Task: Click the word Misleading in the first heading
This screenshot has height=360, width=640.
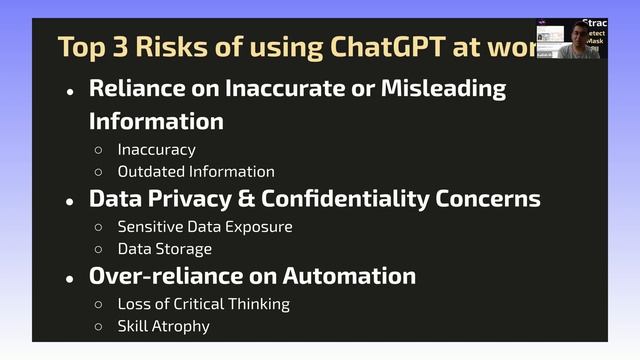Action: coord(443,88)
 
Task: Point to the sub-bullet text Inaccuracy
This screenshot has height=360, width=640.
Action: coord(156,149)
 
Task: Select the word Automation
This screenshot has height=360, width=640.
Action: coord(349,276)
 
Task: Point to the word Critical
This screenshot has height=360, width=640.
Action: coord(219,304)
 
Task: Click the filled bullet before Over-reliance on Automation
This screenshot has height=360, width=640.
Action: coord(69,278)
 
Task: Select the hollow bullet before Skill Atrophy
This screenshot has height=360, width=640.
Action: coord(98,326)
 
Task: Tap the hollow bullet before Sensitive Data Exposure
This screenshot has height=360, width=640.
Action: coord(98,227)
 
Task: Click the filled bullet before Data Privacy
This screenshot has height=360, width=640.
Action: coord(69,200)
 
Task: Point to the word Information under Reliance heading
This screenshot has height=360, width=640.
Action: coord(156,121)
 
